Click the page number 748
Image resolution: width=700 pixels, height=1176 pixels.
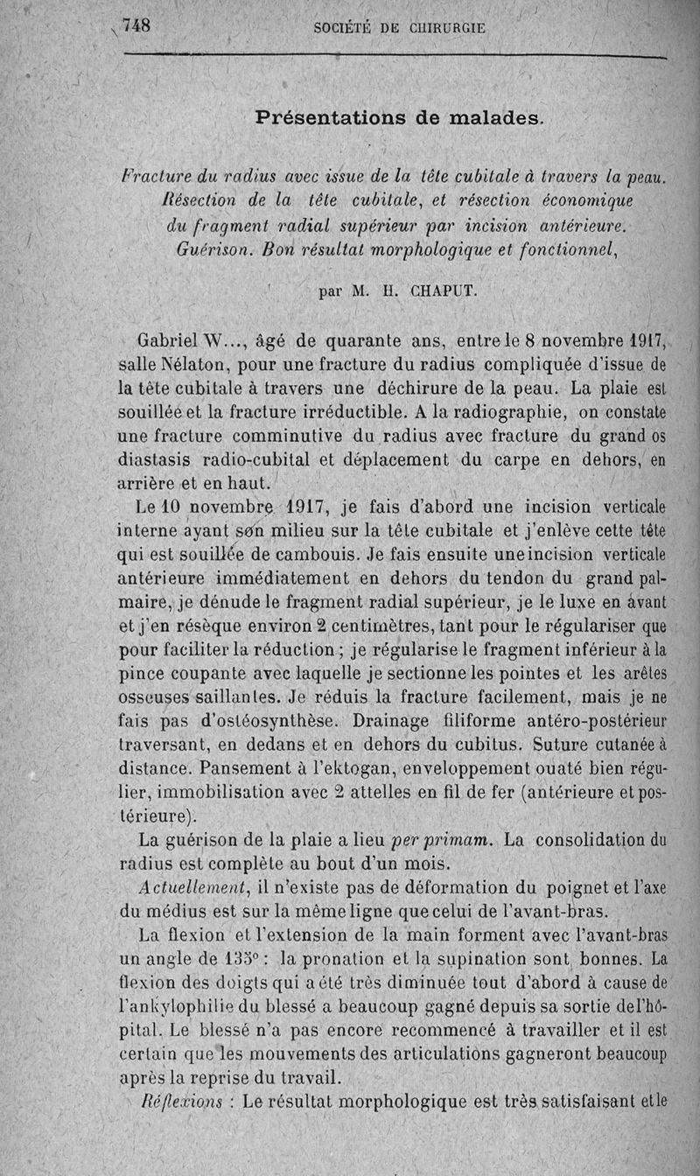pyautogui.click(x=137, y=25)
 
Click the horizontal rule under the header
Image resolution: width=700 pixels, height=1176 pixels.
pyautogui.click(x=395, y=58)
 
